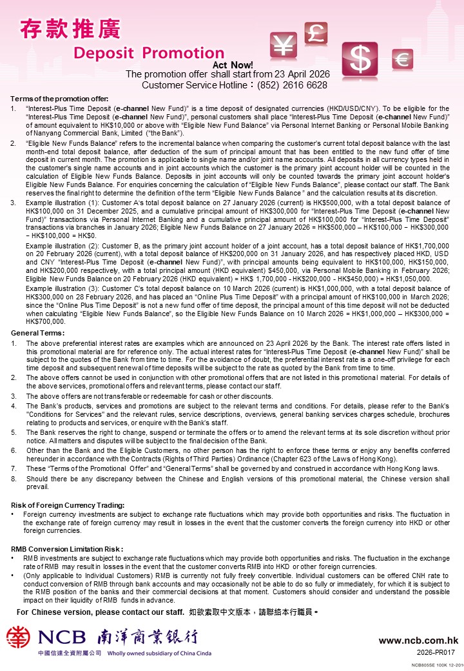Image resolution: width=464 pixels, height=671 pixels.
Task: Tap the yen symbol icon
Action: (x=284, y=46)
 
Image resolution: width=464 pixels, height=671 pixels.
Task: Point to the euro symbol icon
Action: (x=403, y=60)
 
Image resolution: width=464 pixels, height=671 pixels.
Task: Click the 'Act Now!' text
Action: (x=233, y=65)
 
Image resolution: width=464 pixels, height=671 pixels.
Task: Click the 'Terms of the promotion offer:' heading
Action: (x=59, y=98)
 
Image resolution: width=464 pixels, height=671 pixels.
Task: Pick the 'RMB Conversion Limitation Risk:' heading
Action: (x=68, y=548)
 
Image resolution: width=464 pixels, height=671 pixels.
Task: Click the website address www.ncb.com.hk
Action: (x=418, y=641)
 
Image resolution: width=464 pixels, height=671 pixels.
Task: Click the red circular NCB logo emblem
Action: (x=19, y=637)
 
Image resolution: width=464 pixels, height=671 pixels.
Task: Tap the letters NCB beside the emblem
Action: (x=61, y=638)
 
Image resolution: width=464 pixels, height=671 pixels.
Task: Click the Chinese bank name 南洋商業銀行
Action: (x=147, y=637)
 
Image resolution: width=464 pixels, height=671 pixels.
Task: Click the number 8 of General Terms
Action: (x=14, y=479)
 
